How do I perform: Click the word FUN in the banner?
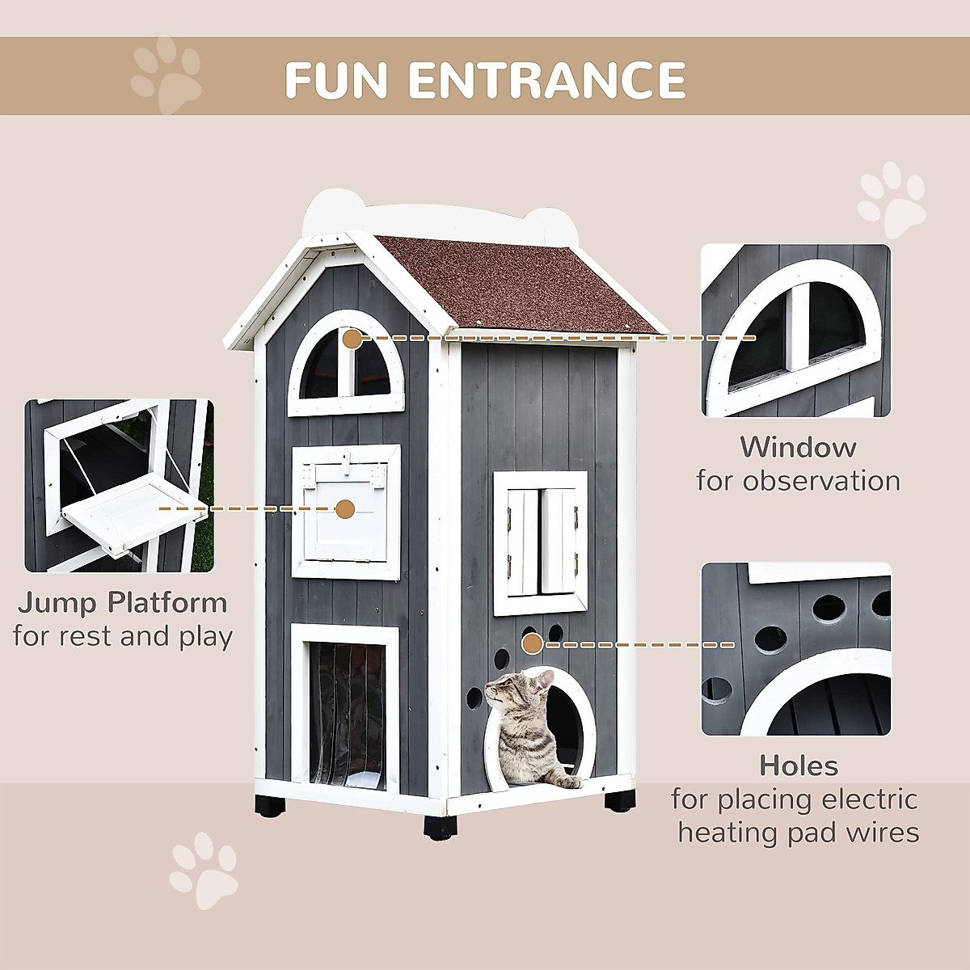point(336,79)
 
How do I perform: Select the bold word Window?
point(798,447)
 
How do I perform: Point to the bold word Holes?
point(799,765)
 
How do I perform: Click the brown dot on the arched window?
point(352,339)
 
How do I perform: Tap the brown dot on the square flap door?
point(345,509)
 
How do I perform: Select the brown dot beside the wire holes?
point(532,644)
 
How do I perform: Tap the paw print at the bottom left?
point(204,871)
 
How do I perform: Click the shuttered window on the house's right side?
point(541,542)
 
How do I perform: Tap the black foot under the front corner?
point(440,826)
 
